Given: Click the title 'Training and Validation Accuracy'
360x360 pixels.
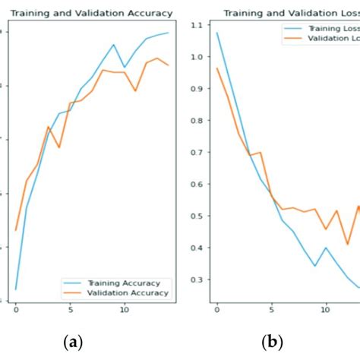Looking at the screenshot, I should point(91,14).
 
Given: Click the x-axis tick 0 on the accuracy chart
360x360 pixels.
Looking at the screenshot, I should point(16,309).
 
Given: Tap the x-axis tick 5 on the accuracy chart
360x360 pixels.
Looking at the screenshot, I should point(69,309).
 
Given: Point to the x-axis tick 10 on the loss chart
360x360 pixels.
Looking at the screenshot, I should point(326,309).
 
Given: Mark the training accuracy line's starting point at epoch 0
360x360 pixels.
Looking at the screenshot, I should point(16,289).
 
